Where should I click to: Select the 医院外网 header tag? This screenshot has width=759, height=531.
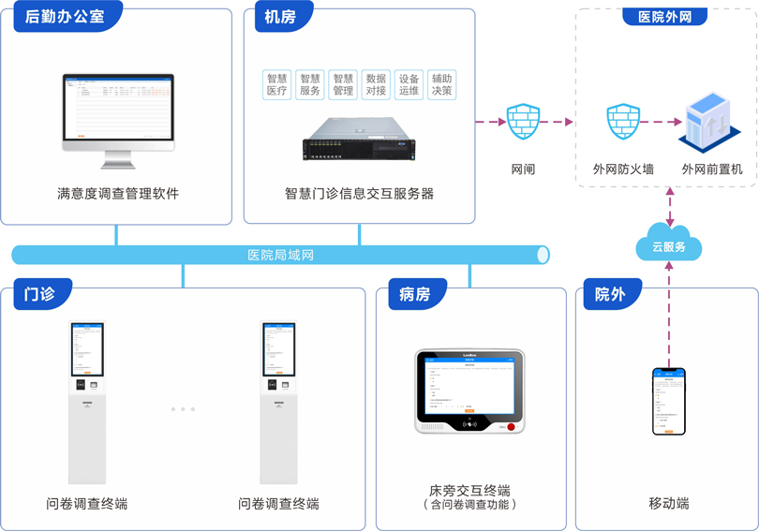coord(664,17)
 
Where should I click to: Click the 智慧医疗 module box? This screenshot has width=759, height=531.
coord(277,85)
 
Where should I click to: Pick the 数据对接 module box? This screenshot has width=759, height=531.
coord(376,85)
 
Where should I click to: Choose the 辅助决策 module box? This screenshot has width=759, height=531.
coord(441,85)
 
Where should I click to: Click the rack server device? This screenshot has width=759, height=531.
coord(358,140)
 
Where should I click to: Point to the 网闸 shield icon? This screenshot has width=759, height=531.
coord(523,122)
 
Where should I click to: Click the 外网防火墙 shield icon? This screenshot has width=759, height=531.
coord(623,122)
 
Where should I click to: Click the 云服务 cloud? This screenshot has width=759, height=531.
coord(669,245)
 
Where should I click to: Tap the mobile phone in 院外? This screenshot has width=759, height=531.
coord(669,401)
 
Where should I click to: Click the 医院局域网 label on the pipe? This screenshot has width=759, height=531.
coord(280,255)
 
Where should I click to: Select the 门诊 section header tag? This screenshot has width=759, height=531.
coord(42,294)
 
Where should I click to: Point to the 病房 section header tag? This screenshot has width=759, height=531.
coord(415,294)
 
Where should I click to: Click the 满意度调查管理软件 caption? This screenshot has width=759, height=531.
coord(118,195)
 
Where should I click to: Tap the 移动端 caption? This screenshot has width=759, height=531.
coord(669,503)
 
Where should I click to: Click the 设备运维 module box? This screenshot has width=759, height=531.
coord(409,85)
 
